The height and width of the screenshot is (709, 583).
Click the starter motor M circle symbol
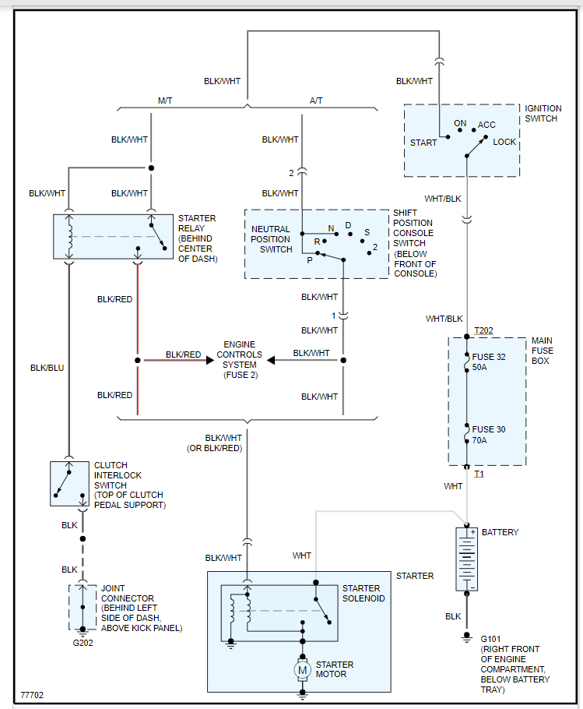[303, 669]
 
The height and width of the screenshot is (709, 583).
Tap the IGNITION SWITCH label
[541, 113]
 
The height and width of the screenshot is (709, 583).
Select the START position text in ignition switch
[423, 143]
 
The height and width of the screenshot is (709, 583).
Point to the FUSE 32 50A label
[489, 362]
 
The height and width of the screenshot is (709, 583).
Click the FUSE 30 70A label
[489, 435]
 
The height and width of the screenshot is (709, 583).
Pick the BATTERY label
[500, 532]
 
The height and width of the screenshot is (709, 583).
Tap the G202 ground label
[83, 644]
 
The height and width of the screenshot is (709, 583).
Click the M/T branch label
[166, 101]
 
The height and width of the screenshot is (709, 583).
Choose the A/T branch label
[317, 101]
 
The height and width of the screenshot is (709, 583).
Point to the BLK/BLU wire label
[47, 368]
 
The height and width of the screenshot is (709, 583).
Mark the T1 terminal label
[479, 474]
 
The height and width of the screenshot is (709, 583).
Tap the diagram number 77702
[32, 693]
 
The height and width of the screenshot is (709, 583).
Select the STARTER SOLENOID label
[363, 593]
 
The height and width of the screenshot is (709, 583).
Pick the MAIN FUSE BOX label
[542, 351]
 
